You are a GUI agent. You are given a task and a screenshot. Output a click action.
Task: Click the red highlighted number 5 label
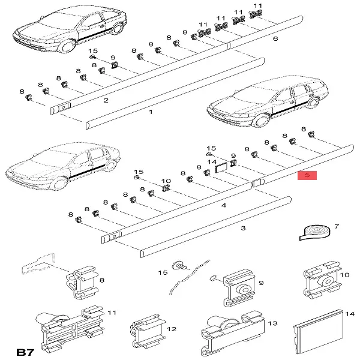tap(307, 176)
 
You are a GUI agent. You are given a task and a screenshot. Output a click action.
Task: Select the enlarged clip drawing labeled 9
tap(239, 289)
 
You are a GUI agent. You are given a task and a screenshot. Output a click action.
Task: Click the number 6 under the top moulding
tap(275, 39)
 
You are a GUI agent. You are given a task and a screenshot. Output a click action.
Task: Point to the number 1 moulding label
tap(151, 112)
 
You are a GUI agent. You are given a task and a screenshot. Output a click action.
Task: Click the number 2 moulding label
tap(106, 100)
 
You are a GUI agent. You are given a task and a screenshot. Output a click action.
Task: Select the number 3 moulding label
tap(243, 228)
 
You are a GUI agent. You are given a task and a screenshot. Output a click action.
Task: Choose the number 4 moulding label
tap(223, 205)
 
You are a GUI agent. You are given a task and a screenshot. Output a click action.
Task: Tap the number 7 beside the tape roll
tap(337, 227)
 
